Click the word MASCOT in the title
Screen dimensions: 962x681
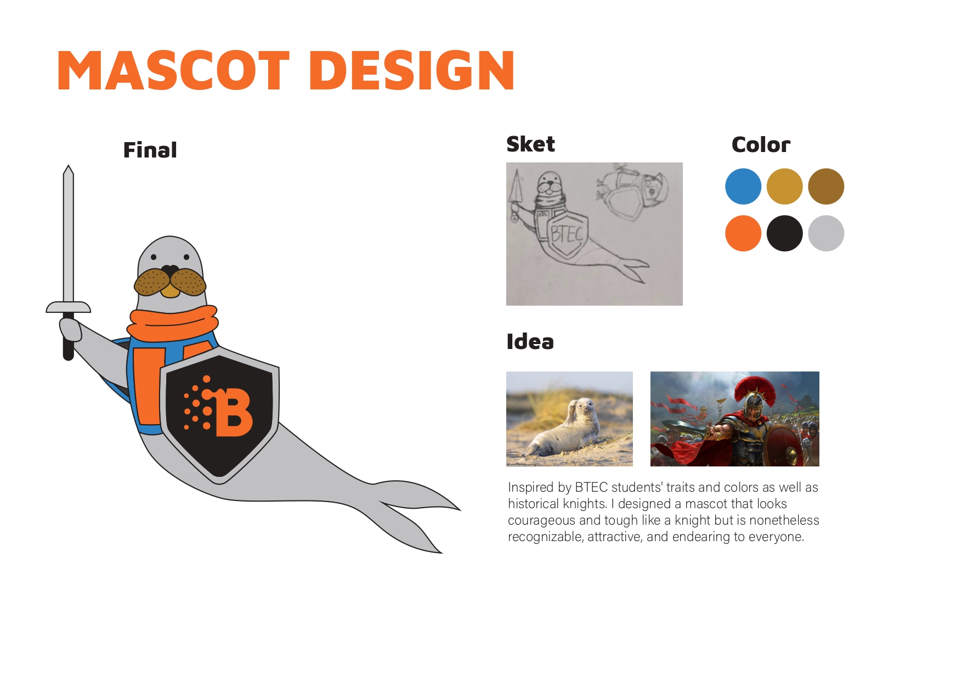tap(173, 70)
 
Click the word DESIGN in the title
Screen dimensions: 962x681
tap(412, 70)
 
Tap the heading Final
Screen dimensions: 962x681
tap(150, 150)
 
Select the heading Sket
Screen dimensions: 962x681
tap(530, 144)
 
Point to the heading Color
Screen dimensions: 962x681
tap(761, 145)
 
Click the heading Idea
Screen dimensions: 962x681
tap(530, 341)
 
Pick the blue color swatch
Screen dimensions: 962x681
tap(743, 187)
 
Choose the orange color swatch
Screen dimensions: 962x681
tap(743, 233)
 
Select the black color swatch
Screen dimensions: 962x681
tap(784, 233)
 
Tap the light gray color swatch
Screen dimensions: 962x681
tap(826, 233)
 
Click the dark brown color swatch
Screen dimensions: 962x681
tap(826, 187)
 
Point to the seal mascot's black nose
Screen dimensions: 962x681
tap(170, 271)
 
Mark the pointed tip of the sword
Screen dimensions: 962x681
tap(68, 165)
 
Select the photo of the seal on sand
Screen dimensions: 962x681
tap(569, 419)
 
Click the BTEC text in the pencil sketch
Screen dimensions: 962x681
tap(567, 234)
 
